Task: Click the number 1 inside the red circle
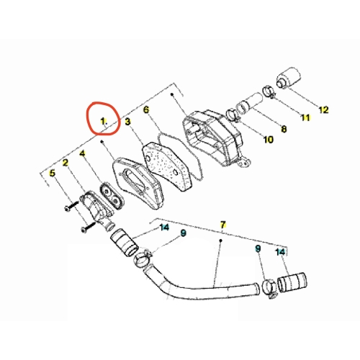103,122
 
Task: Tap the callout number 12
323,109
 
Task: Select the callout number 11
305,117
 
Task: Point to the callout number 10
269,140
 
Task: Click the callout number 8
284,129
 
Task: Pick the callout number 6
146,109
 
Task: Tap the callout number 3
127,122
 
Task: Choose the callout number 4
82,153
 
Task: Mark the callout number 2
66,163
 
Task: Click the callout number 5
52,173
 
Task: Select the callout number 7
223,225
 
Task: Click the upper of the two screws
71,206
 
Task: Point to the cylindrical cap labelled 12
289,78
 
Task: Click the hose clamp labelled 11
270,92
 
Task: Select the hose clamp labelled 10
233,114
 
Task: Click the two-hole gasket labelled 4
112,196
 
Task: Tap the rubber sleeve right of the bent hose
292,282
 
